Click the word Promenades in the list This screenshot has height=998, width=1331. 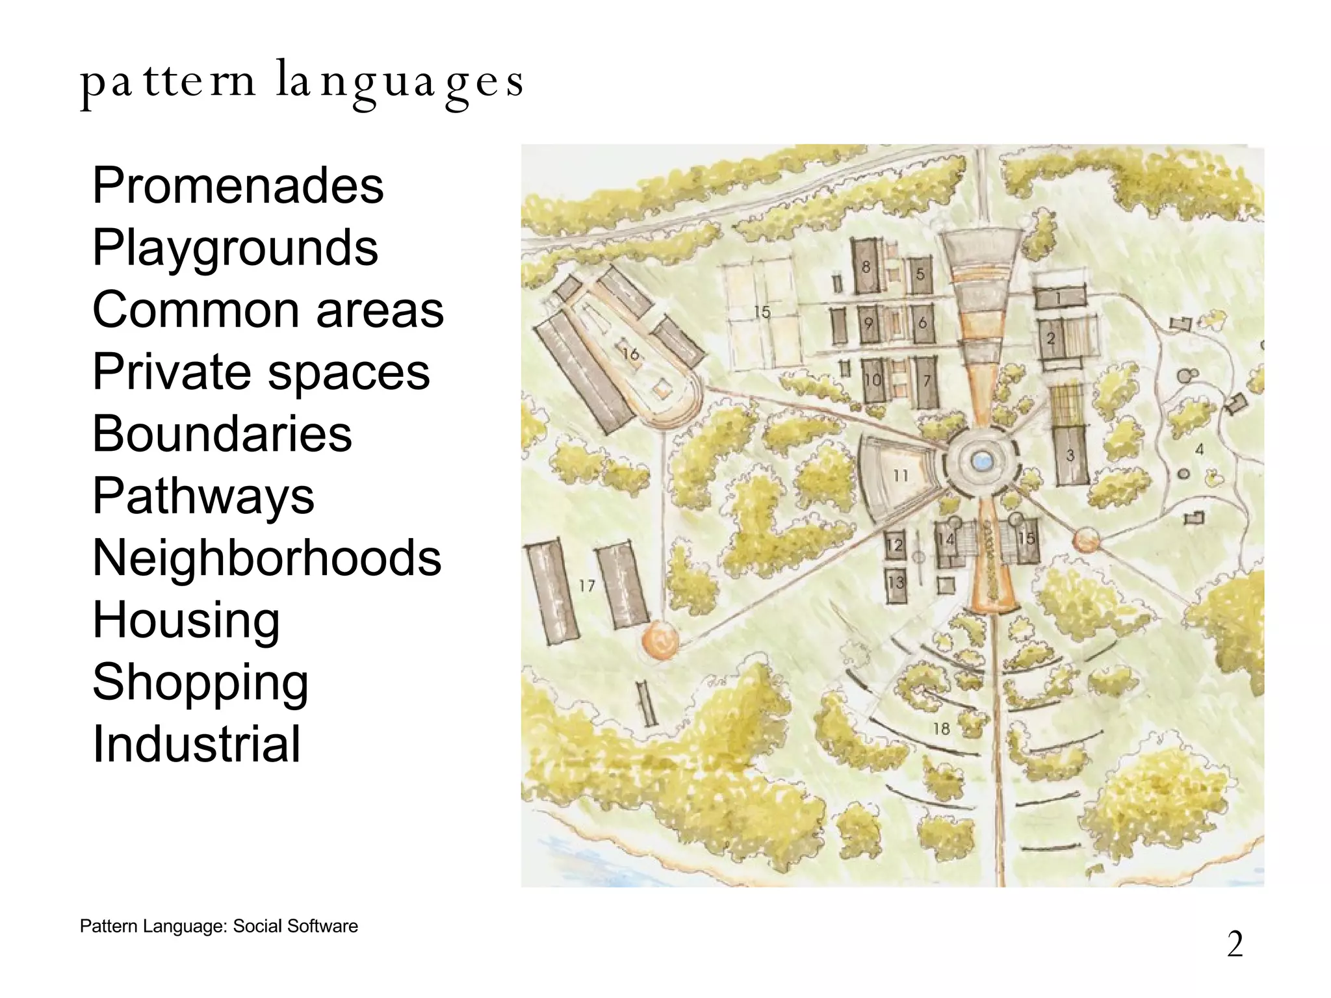(x=238, y=186)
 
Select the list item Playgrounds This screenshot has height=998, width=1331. (x=235, y=248)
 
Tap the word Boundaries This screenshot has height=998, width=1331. (x=222, y=434)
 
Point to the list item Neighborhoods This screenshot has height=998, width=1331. (x=266, y=558)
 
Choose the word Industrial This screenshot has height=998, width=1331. (x=196, y=744)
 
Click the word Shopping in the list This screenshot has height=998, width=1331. (x=200, y=682)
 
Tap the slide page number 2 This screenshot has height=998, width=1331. (x=1235, y=944)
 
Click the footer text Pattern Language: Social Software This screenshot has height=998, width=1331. (x=218, y=926)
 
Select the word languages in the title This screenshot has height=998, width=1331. (x=399, y=83)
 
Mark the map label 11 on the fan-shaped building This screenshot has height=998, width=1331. (x=900, y=476)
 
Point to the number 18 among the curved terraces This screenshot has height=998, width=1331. (x=941, y=729)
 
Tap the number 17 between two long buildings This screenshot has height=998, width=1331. (x=587, y=586)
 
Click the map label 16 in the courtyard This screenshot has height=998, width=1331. (x=630, y=354)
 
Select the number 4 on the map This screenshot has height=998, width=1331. (x=1199, y=449)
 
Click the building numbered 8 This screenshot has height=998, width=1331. (x=866, y=266)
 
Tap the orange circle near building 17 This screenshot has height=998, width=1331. (x=660, y=640)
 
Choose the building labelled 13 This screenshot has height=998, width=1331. (x=896, y=583)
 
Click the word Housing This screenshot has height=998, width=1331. (x=186, y=620)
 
